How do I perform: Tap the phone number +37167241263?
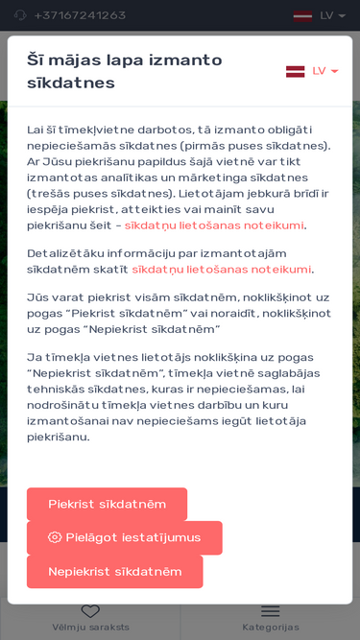point(80,15)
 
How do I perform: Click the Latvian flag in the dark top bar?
point(302,15)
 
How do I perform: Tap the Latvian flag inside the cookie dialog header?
point(296,71)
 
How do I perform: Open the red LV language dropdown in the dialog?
point(324,71)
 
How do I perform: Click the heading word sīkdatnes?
point(71,83)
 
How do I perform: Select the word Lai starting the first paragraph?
point(36,130)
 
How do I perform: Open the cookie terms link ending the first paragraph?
point(214,225)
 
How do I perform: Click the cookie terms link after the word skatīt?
point(222,270)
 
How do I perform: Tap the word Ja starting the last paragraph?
point(34,357)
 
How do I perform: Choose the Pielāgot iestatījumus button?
point(125,537)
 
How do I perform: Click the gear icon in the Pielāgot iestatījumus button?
point(55,537)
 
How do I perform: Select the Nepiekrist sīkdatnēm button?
point(114,572)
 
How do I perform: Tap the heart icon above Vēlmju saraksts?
point(90,611)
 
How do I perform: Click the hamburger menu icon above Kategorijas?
point(271,611)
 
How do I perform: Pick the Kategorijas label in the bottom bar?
point(271,628)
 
